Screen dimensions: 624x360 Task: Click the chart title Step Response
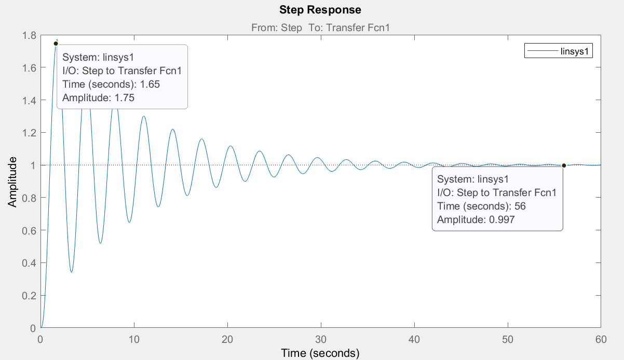click(320, 10)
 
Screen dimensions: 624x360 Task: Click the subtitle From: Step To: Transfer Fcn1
click(320, 27)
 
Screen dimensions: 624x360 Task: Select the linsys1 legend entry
click(558, 51)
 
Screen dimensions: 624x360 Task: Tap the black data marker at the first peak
click(56, 44)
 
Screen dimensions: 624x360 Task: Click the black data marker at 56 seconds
click(564, 165)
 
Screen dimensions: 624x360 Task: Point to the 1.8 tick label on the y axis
click(29, 36)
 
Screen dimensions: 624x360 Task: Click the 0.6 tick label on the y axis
click(29, 230)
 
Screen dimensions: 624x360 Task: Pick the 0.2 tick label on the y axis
click(29, 296)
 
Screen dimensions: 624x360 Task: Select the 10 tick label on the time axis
click(134, 339)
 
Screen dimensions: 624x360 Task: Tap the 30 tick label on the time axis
click(321, 339)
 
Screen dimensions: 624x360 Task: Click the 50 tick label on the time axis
click(508, 339)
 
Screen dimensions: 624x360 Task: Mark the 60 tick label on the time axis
click(601, 339)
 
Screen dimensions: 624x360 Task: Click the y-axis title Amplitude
click(12, 182)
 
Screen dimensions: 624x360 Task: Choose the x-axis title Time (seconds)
click(320, 353)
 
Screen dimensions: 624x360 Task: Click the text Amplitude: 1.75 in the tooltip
click(98, 98)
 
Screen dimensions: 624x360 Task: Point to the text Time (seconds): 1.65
click(111, 84)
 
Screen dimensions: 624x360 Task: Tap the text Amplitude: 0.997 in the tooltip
click(476, 219)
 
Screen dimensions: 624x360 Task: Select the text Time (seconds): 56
click(481, 206)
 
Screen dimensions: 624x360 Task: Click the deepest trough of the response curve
click(72, 272)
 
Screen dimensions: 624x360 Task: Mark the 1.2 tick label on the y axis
click(29, 133)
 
